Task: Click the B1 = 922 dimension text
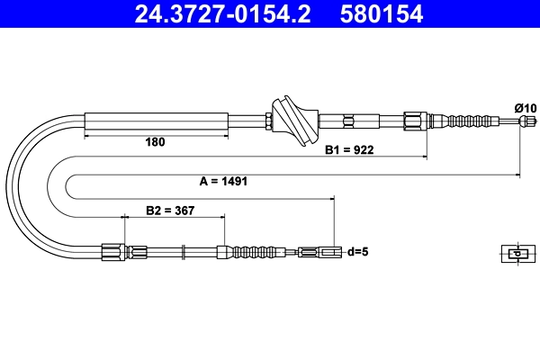tap(349, 149)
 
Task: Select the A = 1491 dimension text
tap(223, 181)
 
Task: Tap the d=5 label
tap(357, 252)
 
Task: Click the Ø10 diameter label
tap(525, 107)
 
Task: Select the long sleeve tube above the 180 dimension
tap(153, 120)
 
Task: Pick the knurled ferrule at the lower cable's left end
tap(113, 252)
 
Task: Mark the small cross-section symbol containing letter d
tap(516, 253)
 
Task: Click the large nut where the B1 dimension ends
tap(415, 120)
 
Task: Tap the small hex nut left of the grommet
tap(269, 119)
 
